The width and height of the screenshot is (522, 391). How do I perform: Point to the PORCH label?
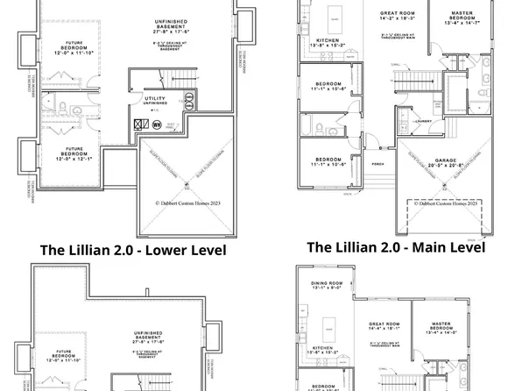coord(378,162)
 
